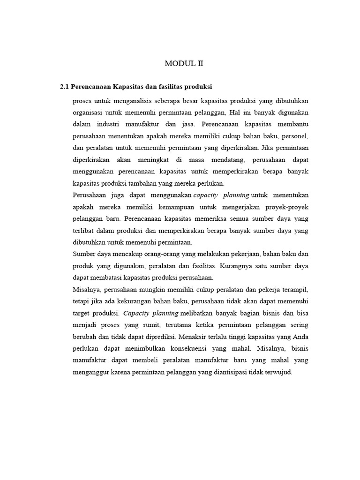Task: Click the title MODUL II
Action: click(x=183, y=64)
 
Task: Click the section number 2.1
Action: click(x=64, y=87)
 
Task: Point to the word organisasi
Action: click(x=89, y=112)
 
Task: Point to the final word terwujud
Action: click(x=279, y=372)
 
